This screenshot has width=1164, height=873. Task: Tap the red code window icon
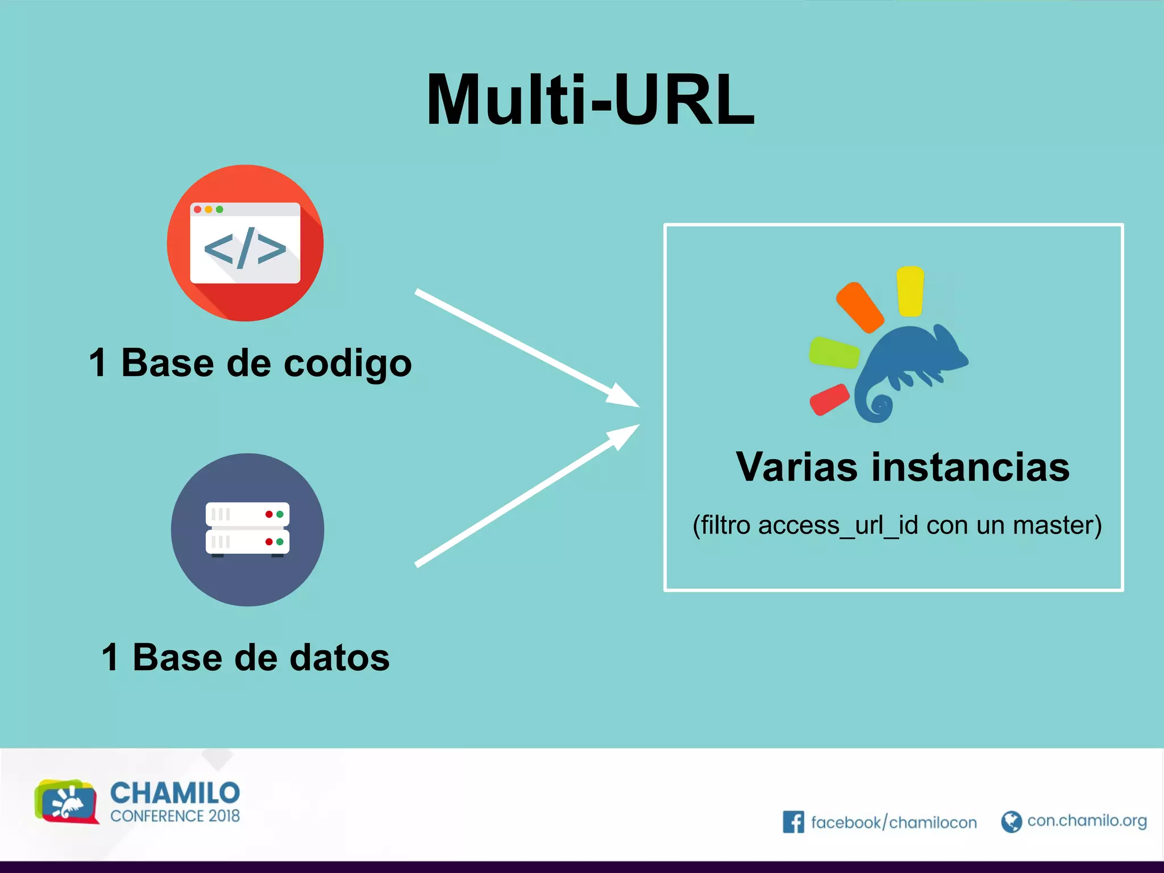pyautogui.click(x=245, y=243)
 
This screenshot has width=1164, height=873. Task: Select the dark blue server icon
pyautogui.click(x=247, y=529)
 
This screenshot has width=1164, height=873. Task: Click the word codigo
pyautogui.click(x=347, y=364)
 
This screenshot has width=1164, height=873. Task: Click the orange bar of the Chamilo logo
pyautogui.click(x=859, y=307)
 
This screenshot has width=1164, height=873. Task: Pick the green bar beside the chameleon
pyautogui.click(x=834, y=353)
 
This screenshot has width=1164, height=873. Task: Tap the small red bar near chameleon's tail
pyautogui.click(x=829, y=399)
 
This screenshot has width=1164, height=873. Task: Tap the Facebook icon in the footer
pyautogui.click(x=793, y=822)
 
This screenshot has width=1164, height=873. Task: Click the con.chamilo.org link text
pyautogui.click(x=1087, y=821)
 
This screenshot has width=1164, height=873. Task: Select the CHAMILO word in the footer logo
pyautogui.click(x=174, y=793)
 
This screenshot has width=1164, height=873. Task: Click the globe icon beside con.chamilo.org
pyautogui.click(x=1011, y=822)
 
